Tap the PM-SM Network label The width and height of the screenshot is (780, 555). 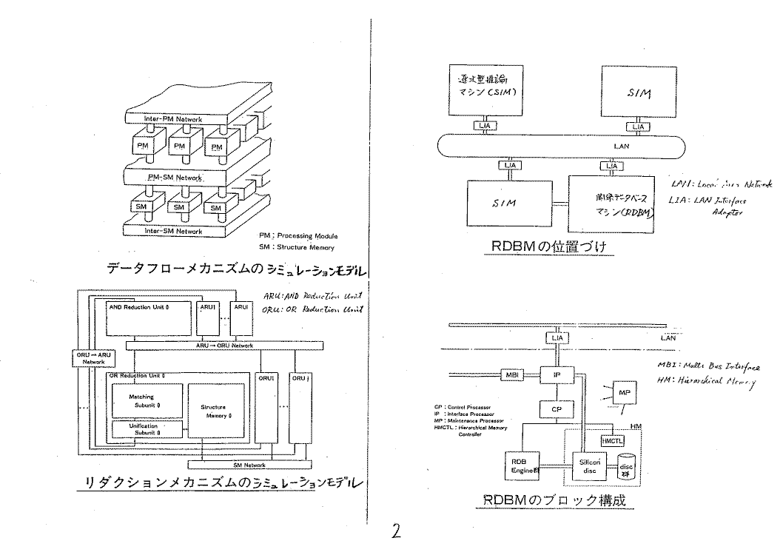click(x=175, y=178)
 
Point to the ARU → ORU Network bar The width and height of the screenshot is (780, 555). click(x=224, y=346)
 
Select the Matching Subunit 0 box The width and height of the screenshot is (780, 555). click(x=145, y=400)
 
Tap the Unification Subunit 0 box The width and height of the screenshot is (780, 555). click(x=144, y=428)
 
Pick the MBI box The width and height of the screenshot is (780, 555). click(x=513, y=375)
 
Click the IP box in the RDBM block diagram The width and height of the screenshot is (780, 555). click(x=559, y=376)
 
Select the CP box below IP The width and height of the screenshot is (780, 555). click(x=559, y=408)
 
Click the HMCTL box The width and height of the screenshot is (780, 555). click(x=613, y=440)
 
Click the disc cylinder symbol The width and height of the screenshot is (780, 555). click(x=628, y=465)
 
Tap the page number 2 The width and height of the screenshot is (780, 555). click(x=397, y=531)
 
